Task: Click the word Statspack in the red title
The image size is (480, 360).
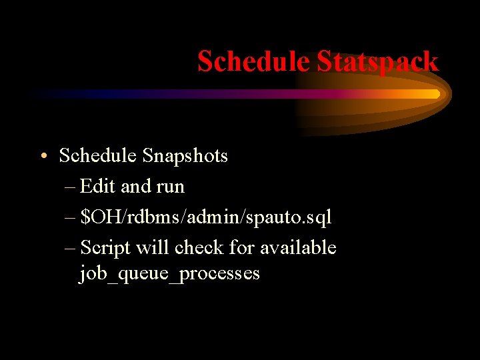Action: click(377, 62)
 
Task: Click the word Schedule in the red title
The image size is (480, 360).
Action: click(254, 62)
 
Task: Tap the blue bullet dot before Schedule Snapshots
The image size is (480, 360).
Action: click(43, 157)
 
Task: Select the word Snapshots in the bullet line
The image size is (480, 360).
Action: click(185, 156)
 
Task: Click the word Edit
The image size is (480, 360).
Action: click(98, 187)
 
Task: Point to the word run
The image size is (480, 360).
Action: click(171, 187)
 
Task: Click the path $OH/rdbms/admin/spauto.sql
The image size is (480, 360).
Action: click(206, 217)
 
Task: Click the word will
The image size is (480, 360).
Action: click(153, 248)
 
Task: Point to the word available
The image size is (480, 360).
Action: click(298, 248)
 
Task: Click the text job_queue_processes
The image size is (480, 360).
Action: click(169, 274)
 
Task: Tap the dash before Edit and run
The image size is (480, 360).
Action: click(71, 187)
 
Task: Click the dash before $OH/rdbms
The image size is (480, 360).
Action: click(71, 218)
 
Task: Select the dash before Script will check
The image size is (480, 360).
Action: click(71, 249)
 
